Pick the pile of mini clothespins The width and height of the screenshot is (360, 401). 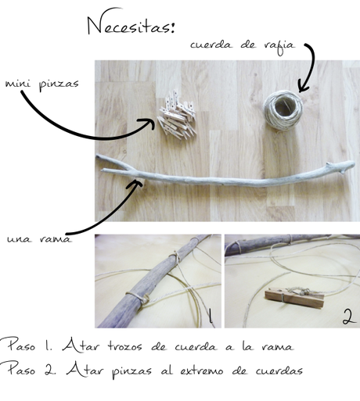coord(178,114)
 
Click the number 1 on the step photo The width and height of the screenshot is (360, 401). coord(210,317)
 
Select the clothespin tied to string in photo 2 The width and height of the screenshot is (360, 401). coord(290,297)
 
